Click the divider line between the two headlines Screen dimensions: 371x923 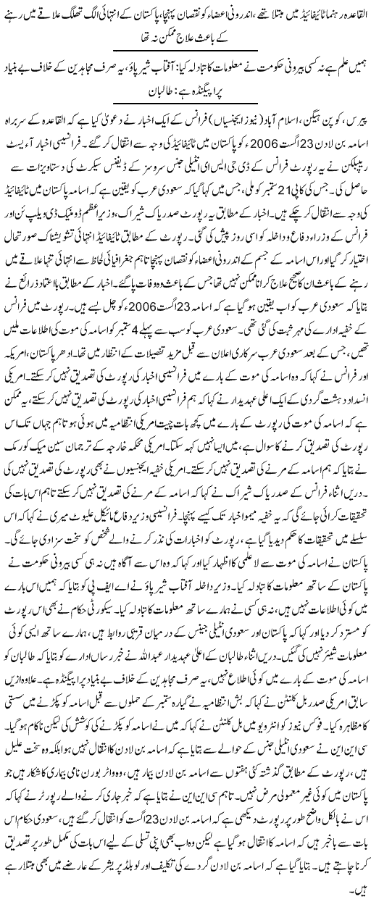pyautogui.click(x=185, y=51)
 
